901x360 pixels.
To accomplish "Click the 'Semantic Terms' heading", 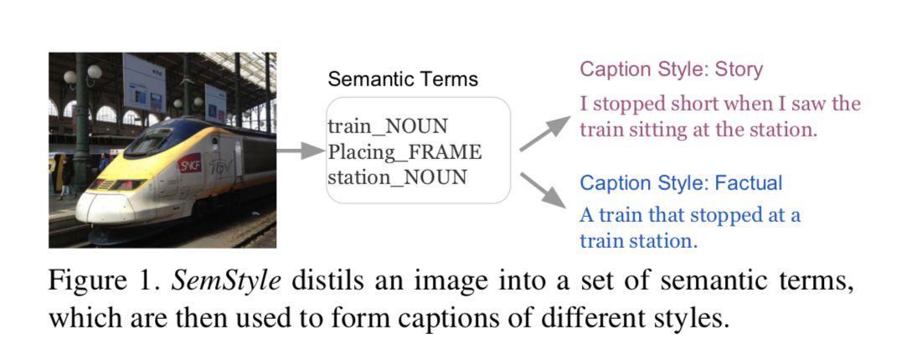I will [402, 80].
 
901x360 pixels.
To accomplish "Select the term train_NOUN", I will [388, 126].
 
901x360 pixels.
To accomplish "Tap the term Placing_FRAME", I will [404, 152].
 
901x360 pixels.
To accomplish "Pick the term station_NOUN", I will [397, 177].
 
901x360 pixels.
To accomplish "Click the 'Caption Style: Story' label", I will [671, 69].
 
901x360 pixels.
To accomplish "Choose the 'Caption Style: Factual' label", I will [682, 183].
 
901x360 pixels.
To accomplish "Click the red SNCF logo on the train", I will [190, 162].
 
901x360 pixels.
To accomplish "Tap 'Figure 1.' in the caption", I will [104, 281].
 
